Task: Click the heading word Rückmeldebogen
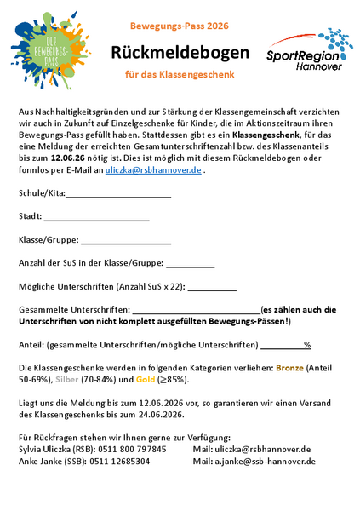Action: tap(180, 53)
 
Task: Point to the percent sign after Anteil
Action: tap(307, 345)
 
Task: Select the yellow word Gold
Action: tap(146, 378)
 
